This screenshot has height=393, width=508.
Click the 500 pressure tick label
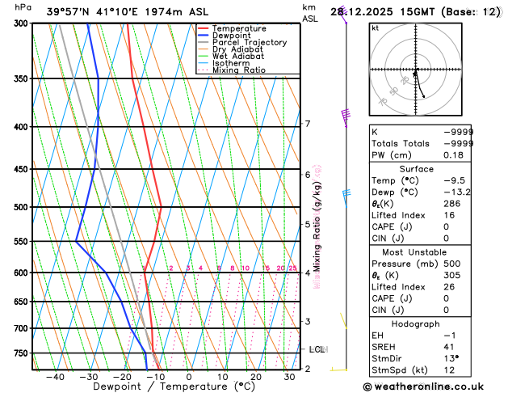tap(20, 207)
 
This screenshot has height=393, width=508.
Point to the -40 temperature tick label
tap(54, 377)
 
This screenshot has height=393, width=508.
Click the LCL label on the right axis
tap(317, 349)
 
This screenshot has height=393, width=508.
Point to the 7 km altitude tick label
tap(308, 124)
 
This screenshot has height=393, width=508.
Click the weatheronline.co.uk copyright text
tap(435, 387)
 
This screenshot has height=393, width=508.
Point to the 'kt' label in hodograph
tap(375, 28)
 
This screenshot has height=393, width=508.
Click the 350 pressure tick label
tap(20, 78)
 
